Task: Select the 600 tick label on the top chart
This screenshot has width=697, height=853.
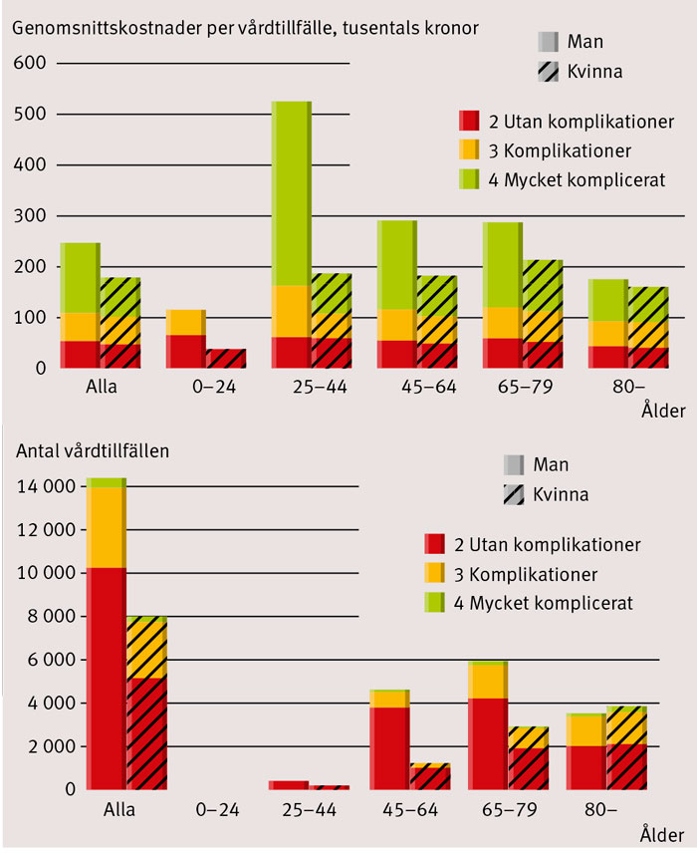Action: click(31, 64)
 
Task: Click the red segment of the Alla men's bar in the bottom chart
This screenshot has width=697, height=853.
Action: click(105, 678)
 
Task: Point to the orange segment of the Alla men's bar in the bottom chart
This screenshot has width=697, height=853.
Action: click(105, 527)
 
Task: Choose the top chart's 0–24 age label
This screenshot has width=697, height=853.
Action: click(185, 387)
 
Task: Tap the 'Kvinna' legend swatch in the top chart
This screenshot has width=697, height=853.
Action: click(548, 72)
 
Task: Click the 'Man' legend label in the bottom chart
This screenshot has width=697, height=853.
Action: click(552, 464)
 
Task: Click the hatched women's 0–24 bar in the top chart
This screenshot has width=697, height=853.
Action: click(225, 359)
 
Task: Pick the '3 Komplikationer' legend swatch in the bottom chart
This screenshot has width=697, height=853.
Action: click(435, 574)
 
